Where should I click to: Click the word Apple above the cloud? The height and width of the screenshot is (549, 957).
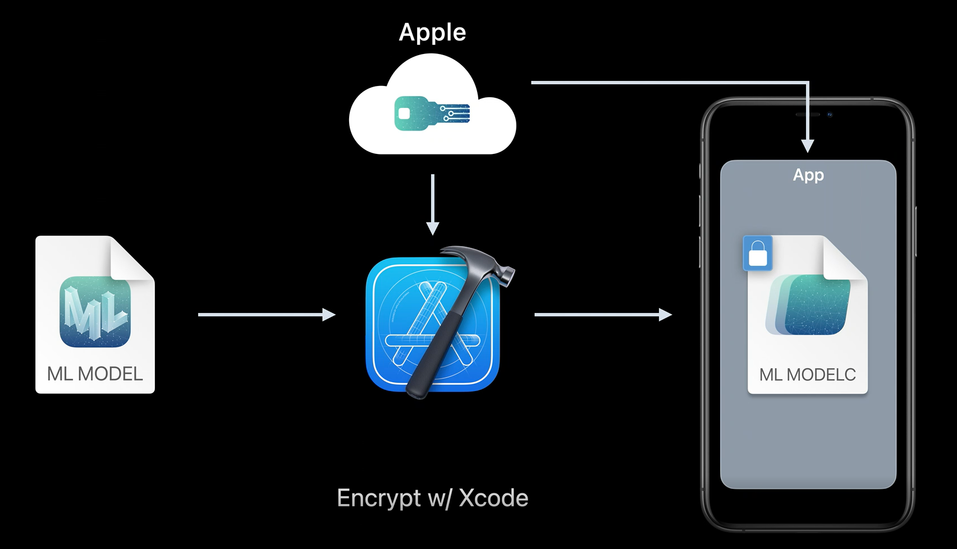(432, 33)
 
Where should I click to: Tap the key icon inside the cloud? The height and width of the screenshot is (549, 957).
(432, 113)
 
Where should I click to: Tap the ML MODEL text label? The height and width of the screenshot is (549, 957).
(95, 374)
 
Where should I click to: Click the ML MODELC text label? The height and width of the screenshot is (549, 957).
(807, 375)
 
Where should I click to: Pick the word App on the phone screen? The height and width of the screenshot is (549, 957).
(808, 175)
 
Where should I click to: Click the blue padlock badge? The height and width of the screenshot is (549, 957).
(758, 253)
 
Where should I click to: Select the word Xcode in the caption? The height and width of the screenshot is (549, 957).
(493, 498)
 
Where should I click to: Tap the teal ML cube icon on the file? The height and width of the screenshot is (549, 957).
(95, 311)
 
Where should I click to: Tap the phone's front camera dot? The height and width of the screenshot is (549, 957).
(830, 115)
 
